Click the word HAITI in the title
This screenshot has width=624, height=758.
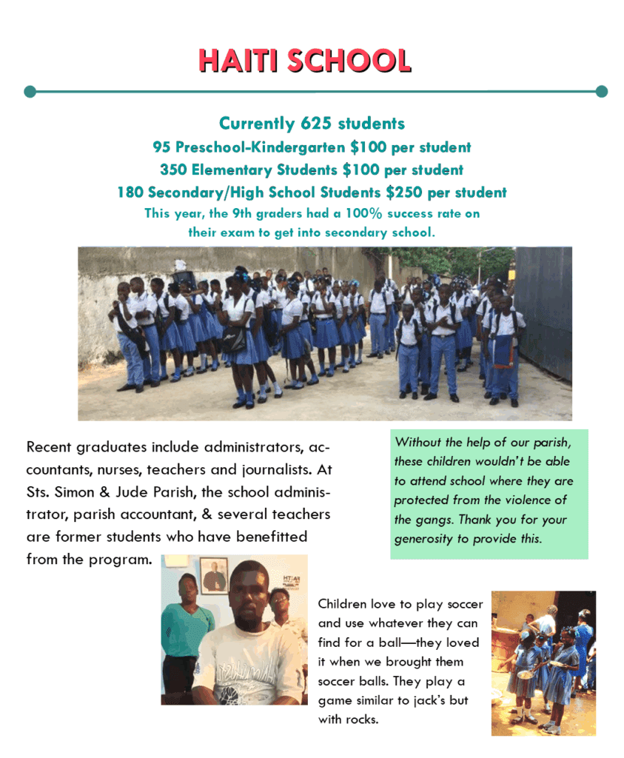[x=239, y=61]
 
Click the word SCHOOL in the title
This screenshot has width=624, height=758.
[x=349, y=61]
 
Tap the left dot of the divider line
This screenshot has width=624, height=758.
[x=30, y=92]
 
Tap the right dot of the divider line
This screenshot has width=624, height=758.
[x=601, y=92]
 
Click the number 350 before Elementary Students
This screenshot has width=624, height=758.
[x=173, y=170]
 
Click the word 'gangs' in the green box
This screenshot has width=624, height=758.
[x=429, y=520]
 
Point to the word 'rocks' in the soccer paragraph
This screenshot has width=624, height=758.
[x=361, y=719]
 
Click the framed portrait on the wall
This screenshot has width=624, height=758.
[x=214, y=574]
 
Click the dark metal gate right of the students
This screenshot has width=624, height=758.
[x=544, y=311]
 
